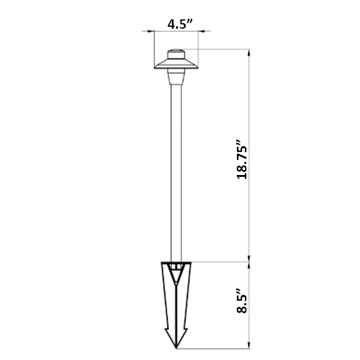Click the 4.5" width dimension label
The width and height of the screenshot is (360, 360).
pyautogui.click(x=180, y=24)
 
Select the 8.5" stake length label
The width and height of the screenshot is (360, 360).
pyautogui.click(x=242, y=301)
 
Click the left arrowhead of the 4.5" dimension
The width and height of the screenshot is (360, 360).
pyautogui.click(x=151, y=31)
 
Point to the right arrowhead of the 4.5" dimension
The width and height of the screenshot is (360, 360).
pyautogui.click(x=201, y=31)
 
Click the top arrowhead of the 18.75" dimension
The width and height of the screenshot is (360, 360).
pyautogui.click(x=249, y=52)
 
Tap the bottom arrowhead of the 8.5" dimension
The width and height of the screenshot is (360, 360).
pyautogui.click(x=249, y=345)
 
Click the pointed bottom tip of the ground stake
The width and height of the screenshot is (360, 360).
pyautogui.click(x=176, y=348)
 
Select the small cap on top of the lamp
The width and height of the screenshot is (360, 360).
pyautogui.click(x=176, y=54)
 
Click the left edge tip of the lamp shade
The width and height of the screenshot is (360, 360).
pyautogui.click(x=155, y=67)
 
